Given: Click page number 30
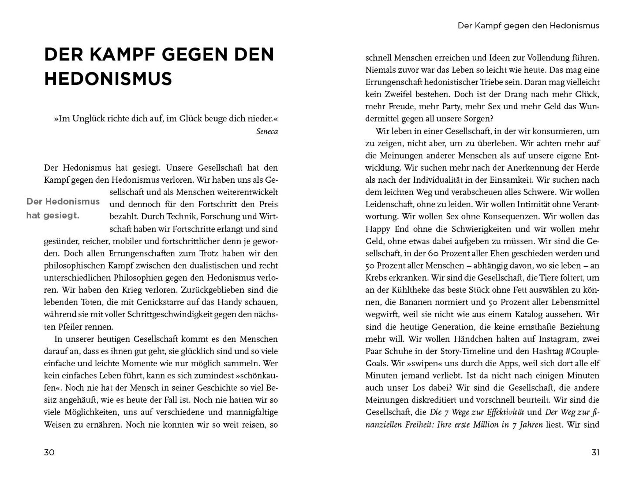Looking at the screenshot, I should pyautogui.click(x=49, y=452).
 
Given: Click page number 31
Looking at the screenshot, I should pyautogui.click(x=595, y=452).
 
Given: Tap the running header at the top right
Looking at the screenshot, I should pyautogui.click(x=528, y=26).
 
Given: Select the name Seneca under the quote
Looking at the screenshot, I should pyautogui.click(x=267, y=132).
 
